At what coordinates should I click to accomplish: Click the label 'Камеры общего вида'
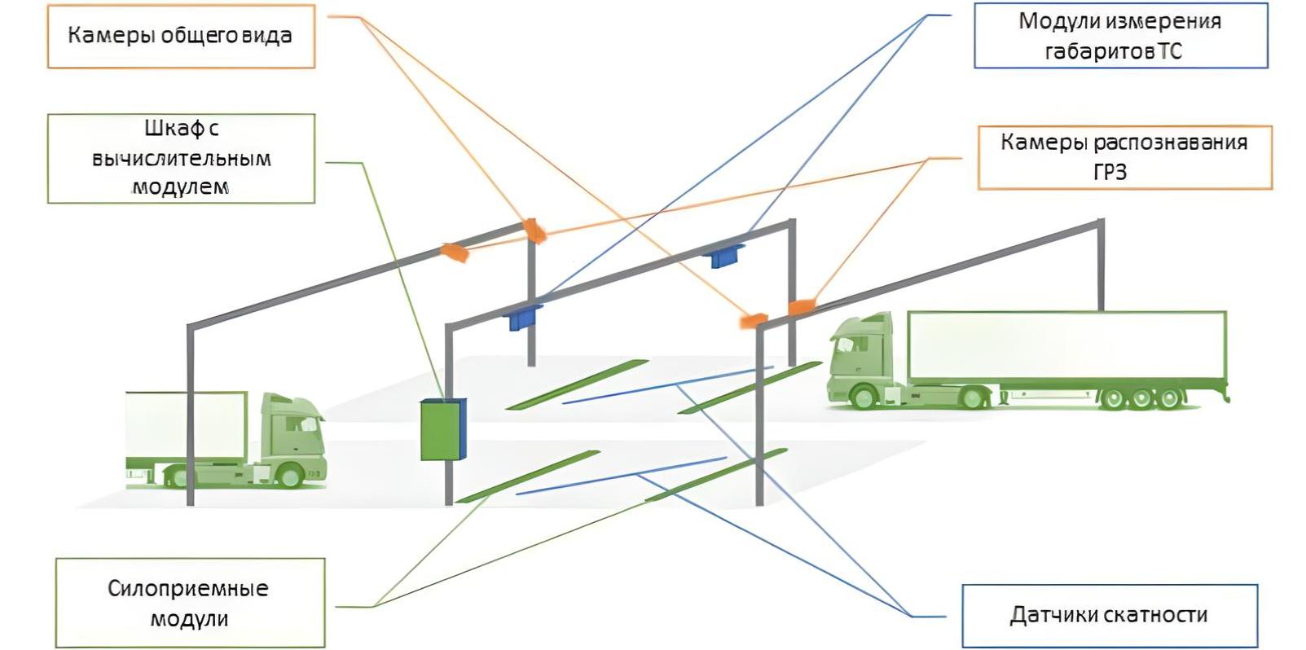[181, 36]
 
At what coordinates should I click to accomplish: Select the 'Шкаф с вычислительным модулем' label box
[182, 159]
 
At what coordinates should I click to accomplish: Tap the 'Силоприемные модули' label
[190, 603]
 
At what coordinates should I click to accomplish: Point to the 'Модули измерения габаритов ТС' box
[1120, 36]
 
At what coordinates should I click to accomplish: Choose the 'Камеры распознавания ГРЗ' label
[1124, 157]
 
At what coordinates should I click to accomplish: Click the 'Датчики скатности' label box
[1110, 616]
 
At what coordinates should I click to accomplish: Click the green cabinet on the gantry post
[443, 429]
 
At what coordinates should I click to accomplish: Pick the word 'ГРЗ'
[1110, 173]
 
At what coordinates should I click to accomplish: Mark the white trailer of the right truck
[1067, 345]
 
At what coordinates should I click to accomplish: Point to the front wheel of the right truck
[863, 397]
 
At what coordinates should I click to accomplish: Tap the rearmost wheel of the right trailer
[1170, 398]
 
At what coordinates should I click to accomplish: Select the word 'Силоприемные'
[187, 589]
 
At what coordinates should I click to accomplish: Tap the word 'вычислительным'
[182, 159]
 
